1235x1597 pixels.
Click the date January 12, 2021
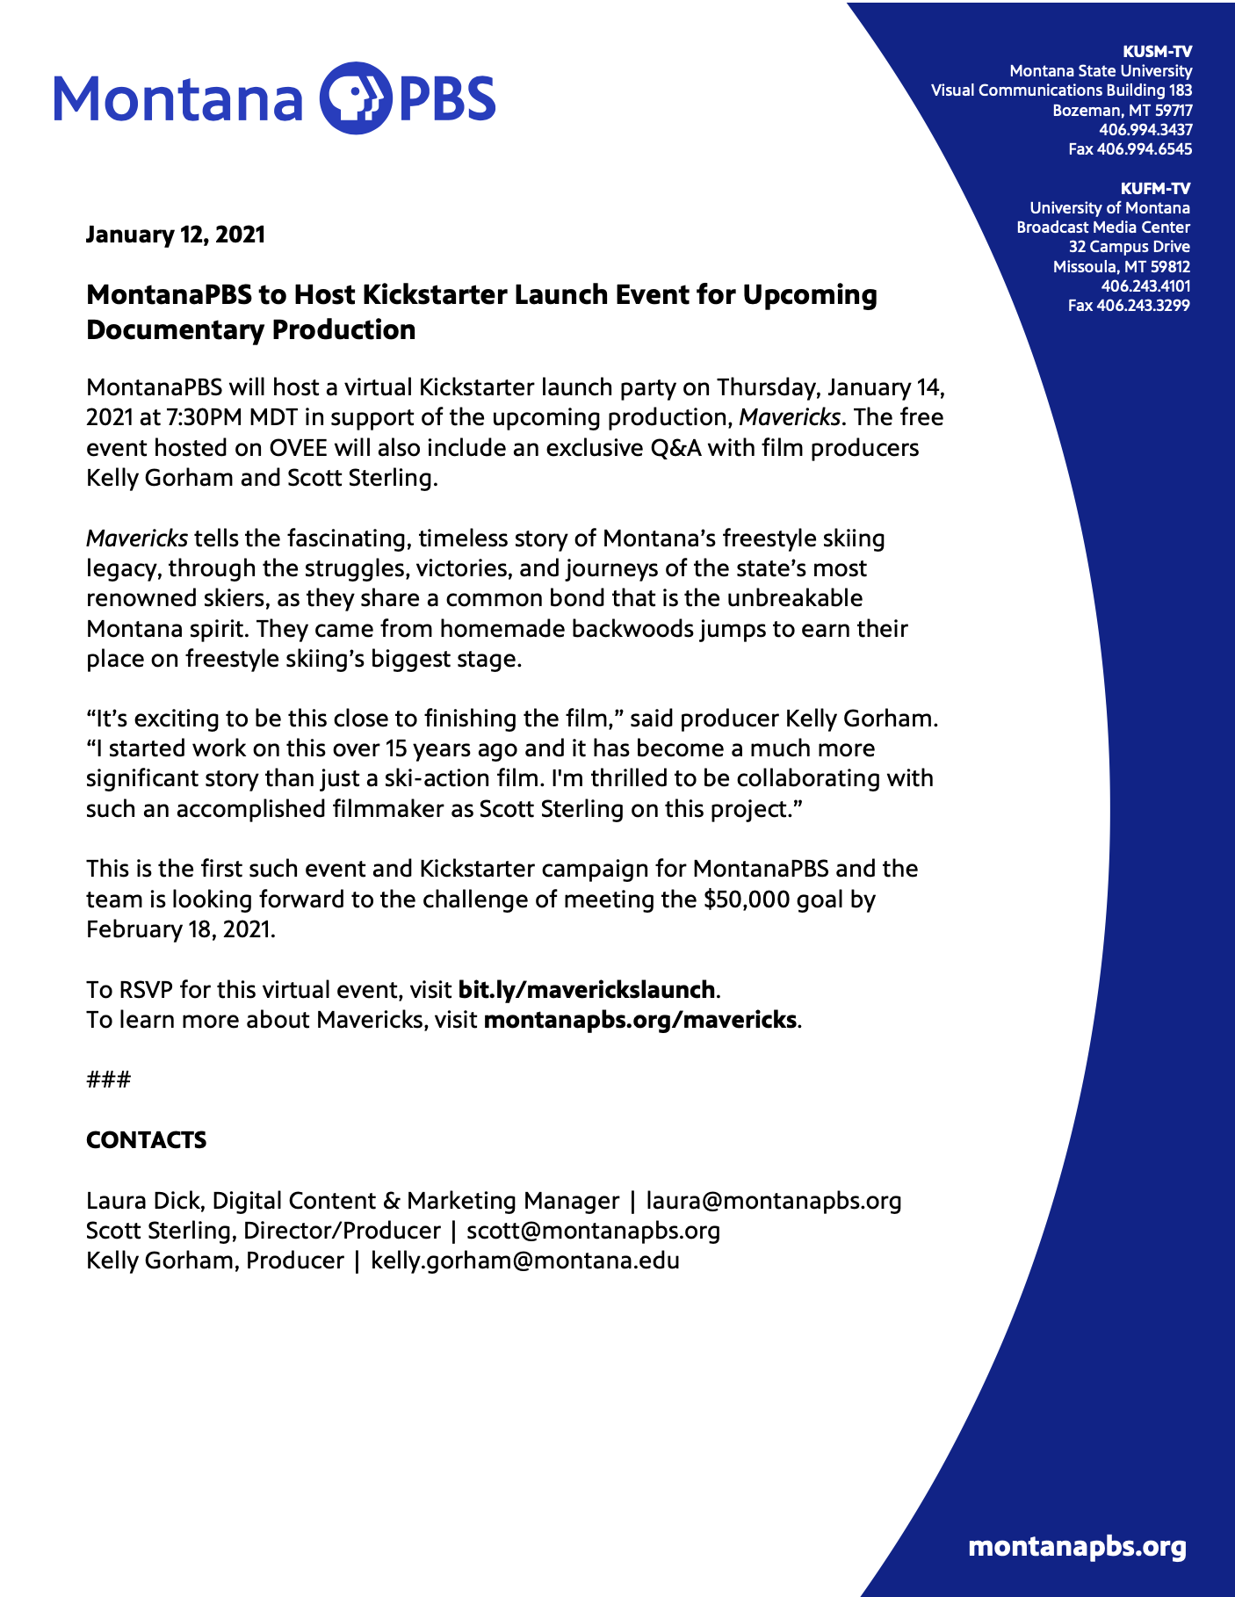175,235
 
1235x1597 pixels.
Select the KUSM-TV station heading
1157,51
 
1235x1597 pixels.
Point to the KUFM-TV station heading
1155,188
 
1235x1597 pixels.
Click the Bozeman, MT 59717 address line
1122,110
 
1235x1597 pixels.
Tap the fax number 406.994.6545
1130,149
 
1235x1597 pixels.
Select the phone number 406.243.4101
1145,286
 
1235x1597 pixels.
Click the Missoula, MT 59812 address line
1121,266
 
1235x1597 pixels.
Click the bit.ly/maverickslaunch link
586,990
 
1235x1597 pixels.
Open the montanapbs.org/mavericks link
640,1020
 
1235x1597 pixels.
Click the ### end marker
108,1080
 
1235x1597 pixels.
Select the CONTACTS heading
146,1140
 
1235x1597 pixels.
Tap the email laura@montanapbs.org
774,1201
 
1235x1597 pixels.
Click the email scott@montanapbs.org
593,1231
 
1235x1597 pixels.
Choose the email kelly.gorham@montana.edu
525,1261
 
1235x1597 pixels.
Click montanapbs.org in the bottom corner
1077,1547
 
